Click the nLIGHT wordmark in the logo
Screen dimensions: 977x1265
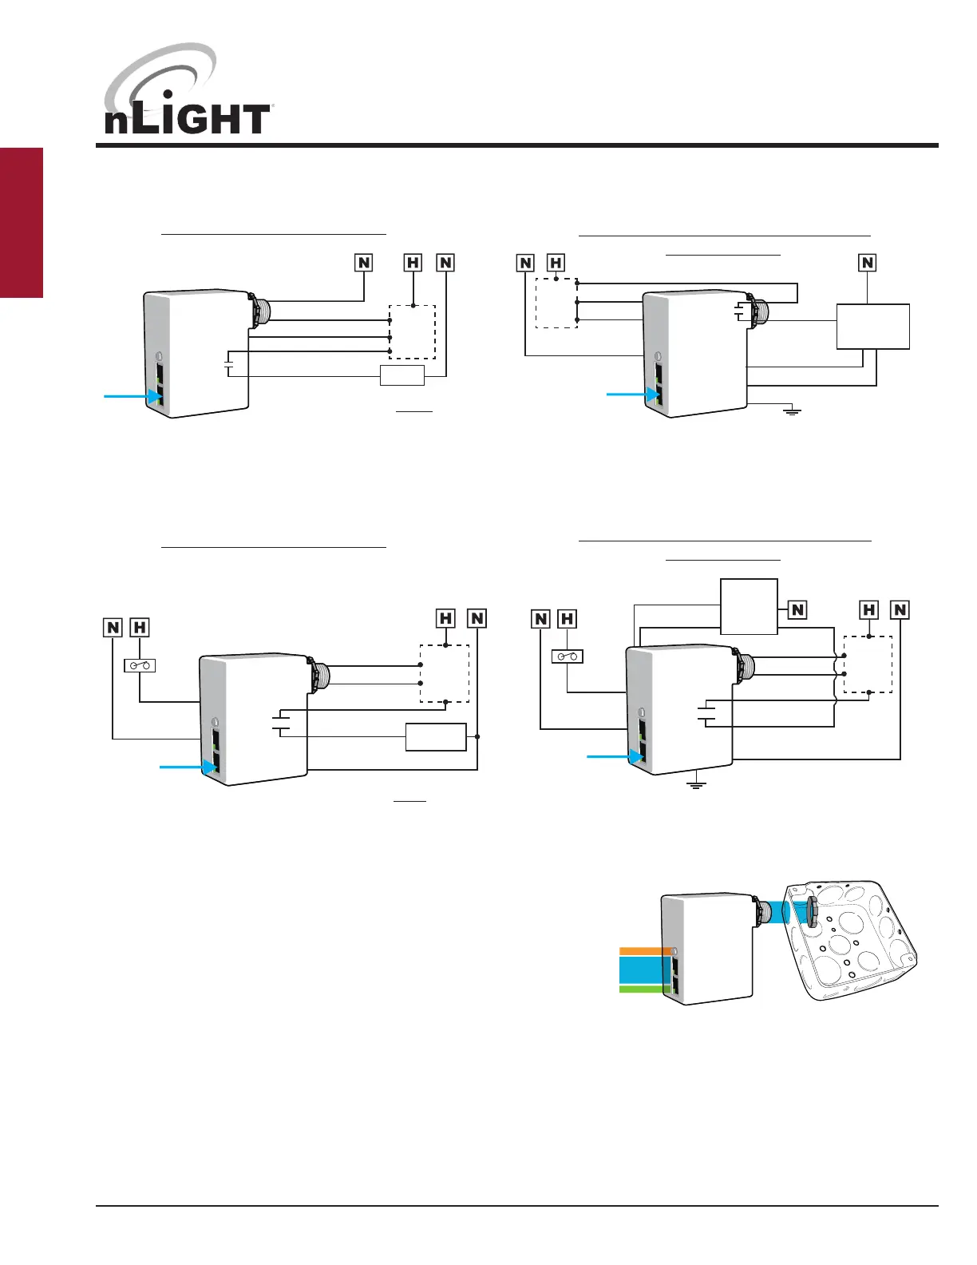point(187,120)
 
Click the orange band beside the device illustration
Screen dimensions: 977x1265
point(645,950)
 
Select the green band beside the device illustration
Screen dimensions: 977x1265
point(645,989)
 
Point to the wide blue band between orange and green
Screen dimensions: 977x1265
point(645,970)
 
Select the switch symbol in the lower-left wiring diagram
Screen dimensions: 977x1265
point(140,665)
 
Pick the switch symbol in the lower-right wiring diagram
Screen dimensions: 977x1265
point(568,656)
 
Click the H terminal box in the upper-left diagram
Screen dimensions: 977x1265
point(413,262)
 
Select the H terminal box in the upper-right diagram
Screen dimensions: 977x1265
point(556,262)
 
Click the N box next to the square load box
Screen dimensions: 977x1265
point(797,609)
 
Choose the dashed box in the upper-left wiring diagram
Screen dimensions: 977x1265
point(412,332)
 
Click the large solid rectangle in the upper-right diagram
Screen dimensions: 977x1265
point(872,326)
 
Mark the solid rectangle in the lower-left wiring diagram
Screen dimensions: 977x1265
point(436,736)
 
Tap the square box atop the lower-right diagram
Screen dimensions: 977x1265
point(749,606)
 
